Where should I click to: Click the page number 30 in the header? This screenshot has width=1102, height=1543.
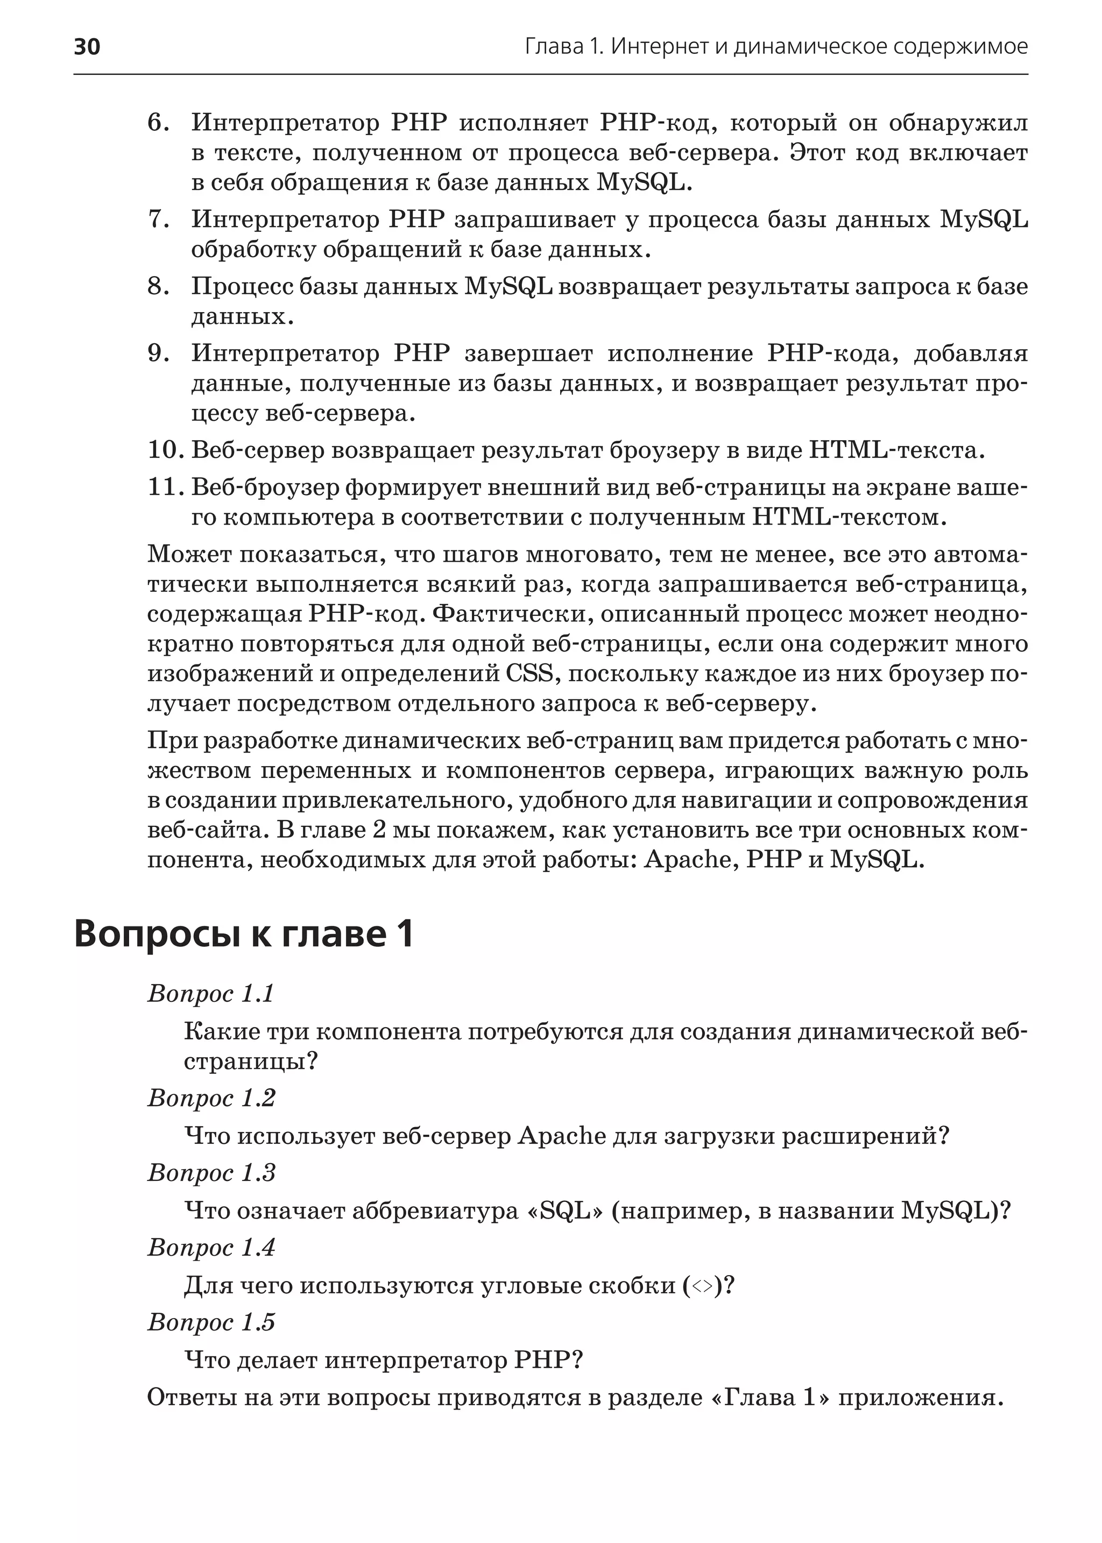87,47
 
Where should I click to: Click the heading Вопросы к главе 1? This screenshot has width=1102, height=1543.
243,935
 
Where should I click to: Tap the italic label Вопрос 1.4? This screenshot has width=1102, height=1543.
211,1248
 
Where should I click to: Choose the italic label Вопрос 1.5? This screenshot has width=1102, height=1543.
211,1322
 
